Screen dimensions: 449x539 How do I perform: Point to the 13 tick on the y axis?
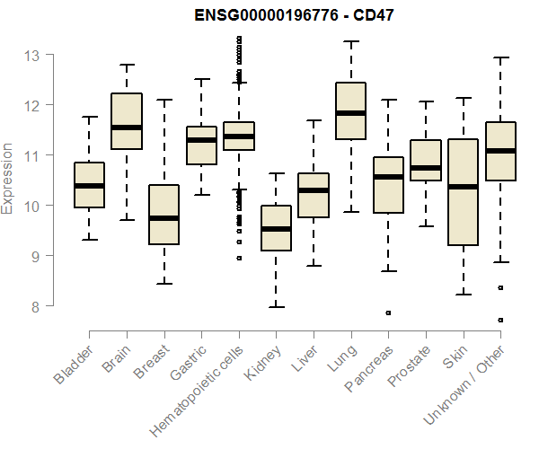32,56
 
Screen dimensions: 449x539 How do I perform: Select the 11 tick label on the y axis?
32,155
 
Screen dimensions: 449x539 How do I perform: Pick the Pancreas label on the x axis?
368,368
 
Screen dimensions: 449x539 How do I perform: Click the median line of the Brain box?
126,128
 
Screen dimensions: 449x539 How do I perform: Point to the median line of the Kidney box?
276,229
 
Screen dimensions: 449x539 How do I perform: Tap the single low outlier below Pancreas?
388,313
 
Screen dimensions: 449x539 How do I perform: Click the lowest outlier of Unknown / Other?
501,321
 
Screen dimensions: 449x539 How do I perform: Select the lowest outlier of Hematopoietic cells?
239,258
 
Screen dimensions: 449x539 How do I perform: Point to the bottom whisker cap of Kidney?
276,307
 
